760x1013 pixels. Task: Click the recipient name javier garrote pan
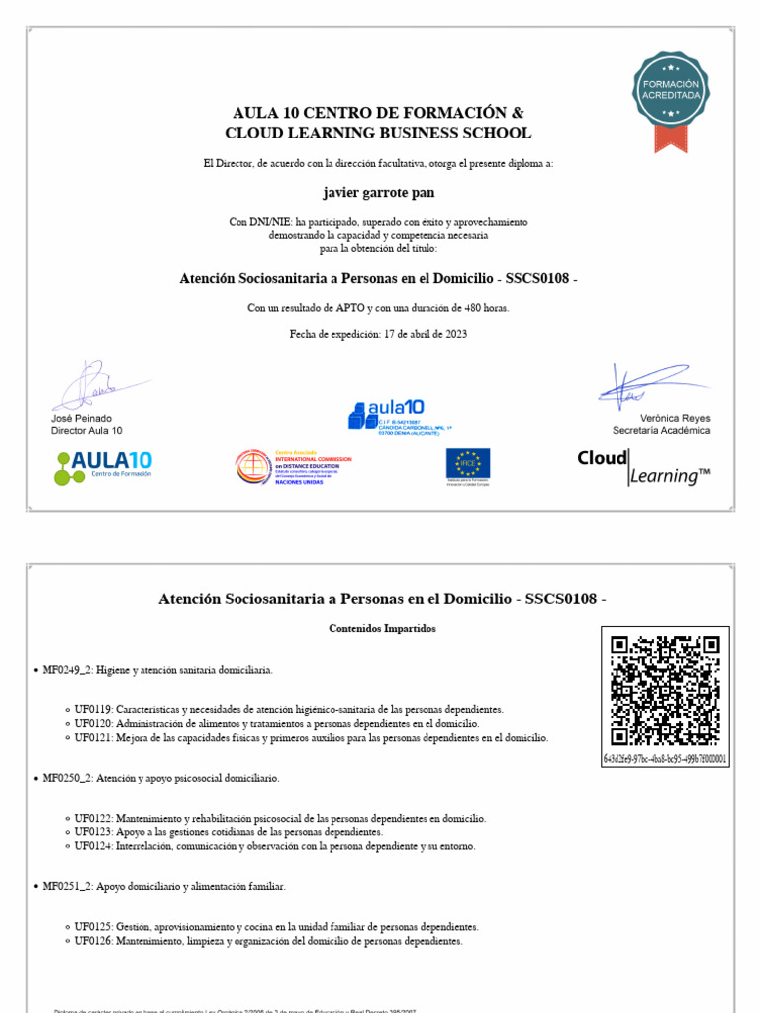[379, 192]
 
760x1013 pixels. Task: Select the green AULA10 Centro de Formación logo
[104, 467]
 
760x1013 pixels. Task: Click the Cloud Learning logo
[643, 467]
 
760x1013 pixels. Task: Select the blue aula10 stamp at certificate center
[386, 414]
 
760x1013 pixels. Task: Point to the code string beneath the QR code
[665, 759]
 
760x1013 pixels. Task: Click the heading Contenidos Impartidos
[382, 629]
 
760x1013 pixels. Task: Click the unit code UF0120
[94, 724]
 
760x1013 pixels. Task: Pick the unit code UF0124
[94, 846]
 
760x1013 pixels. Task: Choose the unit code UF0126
[94, 941]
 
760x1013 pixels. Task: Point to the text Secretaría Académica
[660, 430]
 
